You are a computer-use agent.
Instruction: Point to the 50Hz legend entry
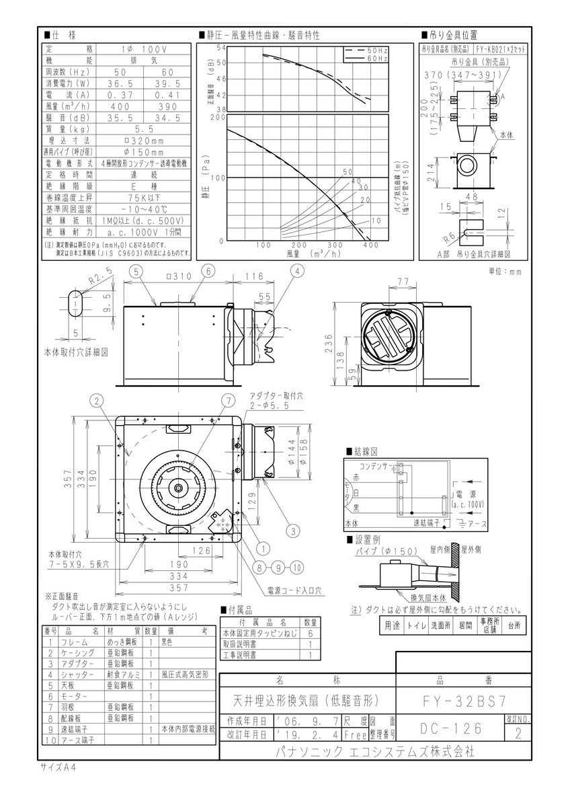(x=377, y=51)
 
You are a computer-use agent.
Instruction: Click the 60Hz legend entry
(x=377, y=59)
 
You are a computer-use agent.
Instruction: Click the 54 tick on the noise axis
(x=220, y=48)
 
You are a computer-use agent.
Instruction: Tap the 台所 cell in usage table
(x=514, y=626)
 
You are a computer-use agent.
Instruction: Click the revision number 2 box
(x=517, y=734)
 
